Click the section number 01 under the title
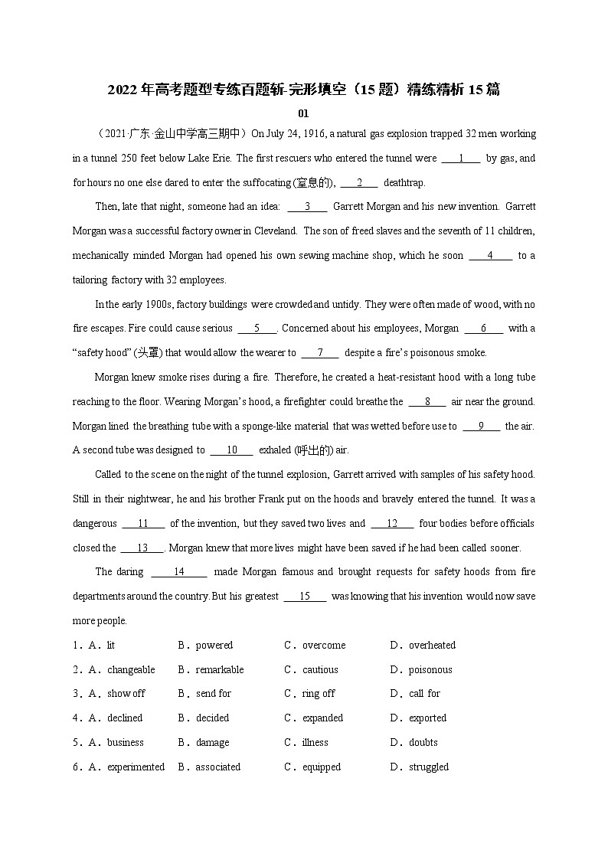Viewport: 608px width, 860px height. point(303,113)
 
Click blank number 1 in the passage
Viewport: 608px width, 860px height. point(461,159)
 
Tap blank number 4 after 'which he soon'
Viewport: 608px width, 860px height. point(490,256)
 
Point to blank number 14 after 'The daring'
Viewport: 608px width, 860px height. point(179,572)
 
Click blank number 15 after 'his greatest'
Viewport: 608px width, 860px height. point(305,597)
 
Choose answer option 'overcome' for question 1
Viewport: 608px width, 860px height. point(324,646)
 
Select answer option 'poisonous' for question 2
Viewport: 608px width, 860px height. point(430,670)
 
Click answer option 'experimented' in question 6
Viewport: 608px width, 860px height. point(136,767)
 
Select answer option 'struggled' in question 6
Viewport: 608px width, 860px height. point(429,767)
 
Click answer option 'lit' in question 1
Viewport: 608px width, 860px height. point(111,646)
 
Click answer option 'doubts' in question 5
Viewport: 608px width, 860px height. point(423,743)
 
